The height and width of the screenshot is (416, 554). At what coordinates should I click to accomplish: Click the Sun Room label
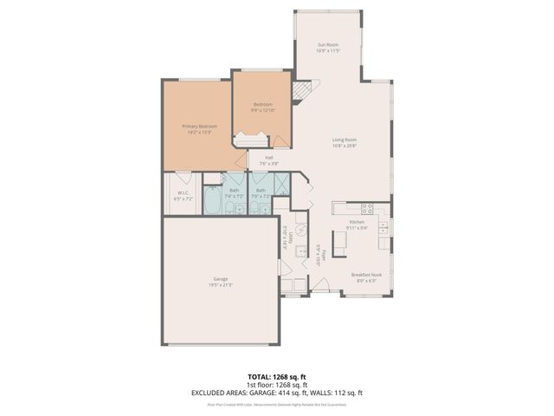coord(327,44)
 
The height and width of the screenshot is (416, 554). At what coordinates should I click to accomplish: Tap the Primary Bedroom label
coord(199,127)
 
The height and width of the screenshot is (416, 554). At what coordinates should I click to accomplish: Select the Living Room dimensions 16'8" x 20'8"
coord(345,146)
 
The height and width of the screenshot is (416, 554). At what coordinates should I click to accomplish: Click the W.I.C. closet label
coord(183,192)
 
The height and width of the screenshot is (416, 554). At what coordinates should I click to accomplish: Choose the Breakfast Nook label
coord(364,275)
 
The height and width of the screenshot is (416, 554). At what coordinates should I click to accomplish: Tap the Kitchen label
coord(357,222)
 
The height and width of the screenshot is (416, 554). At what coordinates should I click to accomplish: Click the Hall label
coord(269,158)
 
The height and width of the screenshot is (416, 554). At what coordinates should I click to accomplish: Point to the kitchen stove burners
coord(366,208)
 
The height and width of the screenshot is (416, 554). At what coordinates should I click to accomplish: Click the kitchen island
coord(339,244)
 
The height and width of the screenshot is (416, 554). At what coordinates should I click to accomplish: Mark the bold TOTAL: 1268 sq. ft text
coord(277,377)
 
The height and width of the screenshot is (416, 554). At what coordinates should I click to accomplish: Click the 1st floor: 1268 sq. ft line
coord(277,385)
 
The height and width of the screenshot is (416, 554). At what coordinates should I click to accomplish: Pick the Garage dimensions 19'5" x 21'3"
coord(220,284)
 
